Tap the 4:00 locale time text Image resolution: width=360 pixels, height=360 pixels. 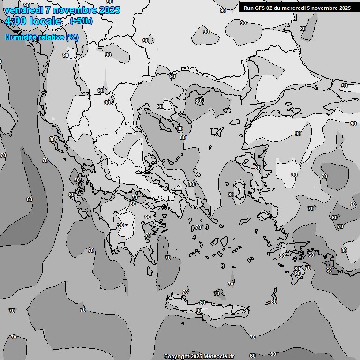[x=33, y=21]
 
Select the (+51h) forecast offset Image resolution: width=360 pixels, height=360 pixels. [x=81, y=21]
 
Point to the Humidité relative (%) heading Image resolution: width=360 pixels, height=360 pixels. [x=42, y=37]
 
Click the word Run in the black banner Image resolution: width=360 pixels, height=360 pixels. [x=249, y=8]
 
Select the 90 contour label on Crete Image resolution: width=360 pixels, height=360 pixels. [x=199, y=311]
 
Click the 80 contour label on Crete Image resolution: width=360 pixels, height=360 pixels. [x=202, y=303]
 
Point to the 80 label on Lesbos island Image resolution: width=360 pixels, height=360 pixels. [x=257, y=168]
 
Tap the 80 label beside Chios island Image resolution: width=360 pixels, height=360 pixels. [x=231, y=195]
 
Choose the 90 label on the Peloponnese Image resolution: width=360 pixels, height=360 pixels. [x=121, y=225]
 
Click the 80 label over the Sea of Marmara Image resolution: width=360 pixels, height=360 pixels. [x=199, y=101]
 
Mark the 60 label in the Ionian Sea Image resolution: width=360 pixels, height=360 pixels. [x=30, y=199]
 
